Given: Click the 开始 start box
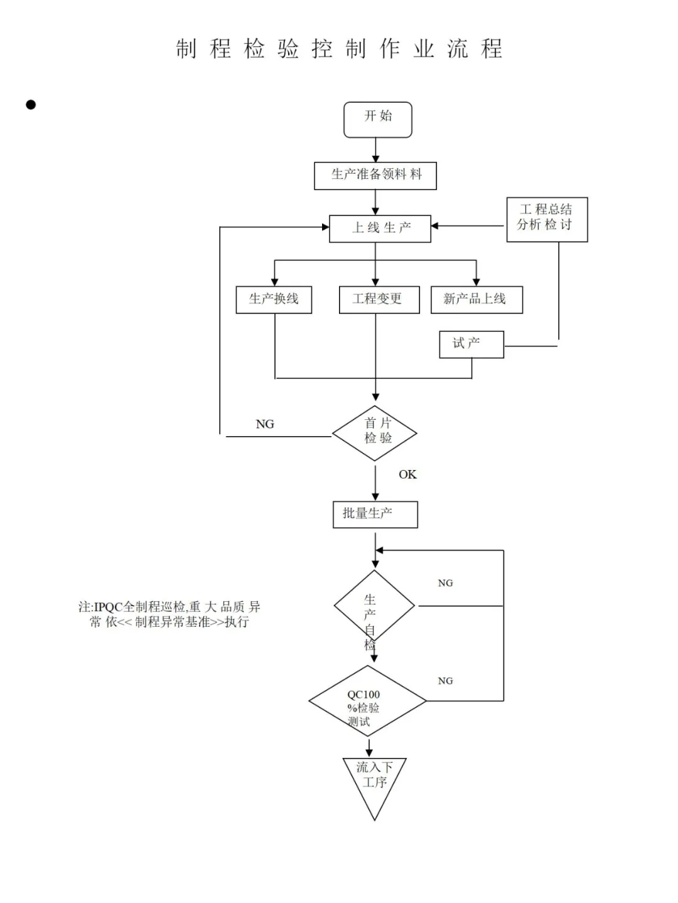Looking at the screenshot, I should click(x=377, y=119).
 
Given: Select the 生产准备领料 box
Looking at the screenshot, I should click(x=375, y=176).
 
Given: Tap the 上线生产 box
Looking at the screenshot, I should click(x=380, y=228).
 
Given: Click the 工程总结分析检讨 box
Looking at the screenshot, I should click(x=547, y=219).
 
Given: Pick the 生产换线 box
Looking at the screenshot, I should click(x=274, y=299).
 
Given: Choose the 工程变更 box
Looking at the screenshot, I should click(x=379, y=299).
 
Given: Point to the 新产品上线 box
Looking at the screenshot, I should click(x=476, y=299).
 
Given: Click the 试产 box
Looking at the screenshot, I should click(x=471, y=345).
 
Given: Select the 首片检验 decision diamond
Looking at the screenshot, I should click(x=375, y=433).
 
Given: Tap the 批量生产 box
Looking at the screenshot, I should click(x=375, y=515).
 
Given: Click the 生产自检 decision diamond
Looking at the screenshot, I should click(x=374, y=606).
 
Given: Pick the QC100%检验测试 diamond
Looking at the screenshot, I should click(x=367, y=701).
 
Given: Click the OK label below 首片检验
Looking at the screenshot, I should click(x=407, y=474).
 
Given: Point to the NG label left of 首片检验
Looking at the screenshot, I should click(x=265, y=424).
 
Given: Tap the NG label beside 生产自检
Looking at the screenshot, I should click(x=445, y=583).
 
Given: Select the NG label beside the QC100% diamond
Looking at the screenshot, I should click(x=445, y=681).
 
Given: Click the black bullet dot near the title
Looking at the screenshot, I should click(x=31, y=105).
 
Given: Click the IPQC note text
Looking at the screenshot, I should click(x=169, y=614).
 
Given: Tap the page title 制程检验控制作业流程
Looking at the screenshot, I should click(x=339, y=49).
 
